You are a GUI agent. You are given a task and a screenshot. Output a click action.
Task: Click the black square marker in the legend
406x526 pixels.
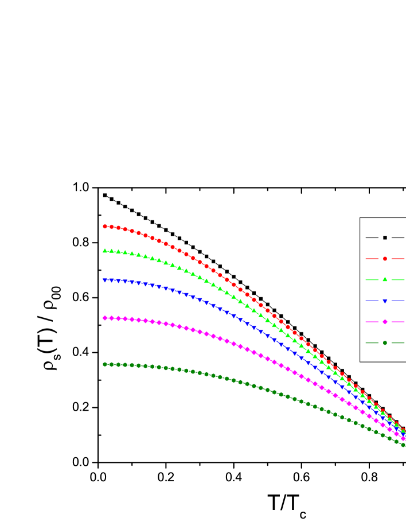coord(385,237)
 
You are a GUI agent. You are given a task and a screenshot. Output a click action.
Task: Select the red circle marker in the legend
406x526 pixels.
coord(385,259)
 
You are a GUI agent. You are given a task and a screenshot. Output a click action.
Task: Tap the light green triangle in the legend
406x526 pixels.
coord(385,279)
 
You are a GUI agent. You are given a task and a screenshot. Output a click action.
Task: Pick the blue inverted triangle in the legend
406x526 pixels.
coord(385,301)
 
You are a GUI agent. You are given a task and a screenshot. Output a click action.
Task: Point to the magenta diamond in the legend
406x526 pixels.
coord(385,322)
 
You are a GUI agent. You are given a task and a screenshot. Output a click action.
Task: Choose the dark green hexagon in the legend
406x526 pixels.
coord(385,343)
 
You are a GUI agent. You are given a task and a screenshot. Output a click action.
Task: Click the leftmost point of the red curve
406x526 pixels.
coord(105,227)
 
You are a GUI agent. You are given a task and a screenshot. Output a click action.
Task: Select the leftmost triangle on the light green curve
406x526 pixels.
coord(105,251)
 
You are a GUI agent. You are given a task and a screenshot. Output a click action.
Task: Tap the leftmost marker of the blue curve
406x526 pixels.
coord(105,280)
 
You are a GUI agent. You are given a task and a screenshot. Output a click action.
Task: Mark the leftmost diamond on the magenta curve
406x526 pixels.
coord(105,318)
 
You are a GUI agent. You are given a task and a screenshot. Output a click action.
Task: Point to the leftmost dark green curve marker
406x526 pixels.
coord(105,364)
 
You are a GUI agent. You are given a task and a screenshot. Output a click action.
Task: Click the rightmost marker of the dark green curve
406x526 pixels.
coord(403,445)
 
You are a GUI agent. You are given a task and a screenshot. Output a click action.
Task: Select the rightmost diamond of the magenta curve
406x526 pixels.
coord(403,438)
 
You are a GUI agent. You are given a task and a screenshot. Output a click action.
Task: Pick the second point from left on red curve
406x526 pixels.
coord(112,227)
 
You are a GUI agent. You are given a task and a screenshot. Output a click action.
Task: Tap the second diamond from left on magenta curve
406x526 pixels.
coord(112,318)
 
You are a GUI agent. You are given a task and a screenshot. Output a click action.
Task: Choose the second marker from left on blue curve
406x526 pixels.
coord(112,280)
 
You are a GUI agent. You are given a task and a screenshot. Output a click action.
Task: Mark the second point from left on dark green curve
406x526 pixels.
coord(112,364)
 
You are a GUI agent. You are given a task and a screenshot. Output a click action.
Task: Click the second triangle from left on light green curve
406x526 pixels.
coord(112,251)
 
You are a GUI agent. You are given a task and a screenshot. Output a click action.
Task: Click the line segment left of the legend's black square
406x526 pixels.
coord(372,237)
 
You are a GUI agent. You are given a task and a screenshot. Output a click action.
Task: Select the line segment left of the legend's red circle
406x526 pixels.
coord(372,259)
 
